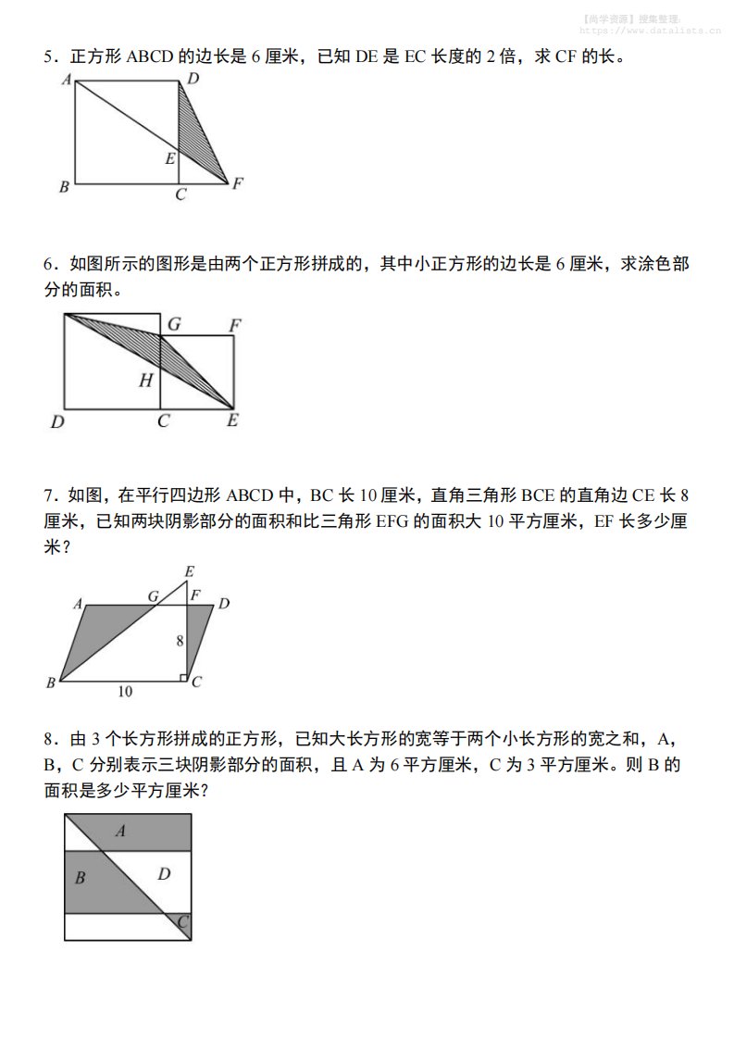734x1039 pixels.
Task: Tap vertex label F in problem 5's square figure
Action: click(238, 183)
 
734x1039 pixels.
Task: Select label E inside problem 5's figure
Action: click(169, 158)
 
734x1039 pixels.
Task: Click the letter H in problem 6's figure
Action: click(145, 380)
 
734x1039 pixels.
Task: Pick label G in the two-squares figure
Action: click(173, 324)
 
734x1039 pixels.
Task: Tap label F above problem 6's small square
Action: click(235, 325)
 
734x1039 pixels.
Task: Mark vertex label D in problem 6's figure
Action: click(57, 422)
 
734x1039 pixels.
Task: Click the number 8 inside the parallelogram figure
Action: click(179, 641)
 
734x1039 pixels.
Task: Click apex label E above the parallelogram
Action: click(189, 572)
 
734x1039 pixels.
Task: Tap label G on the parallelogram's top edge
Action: click(154, 596)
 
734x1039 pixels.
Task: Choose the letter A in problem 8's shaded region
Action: click(120, 832)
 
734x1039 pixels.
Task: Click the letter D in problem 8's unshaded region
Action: click(164, 873)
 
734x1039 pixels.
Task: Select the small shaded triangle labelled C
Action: click(182, 923)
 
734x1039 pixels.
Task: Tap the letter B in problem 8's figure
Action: click(80, 878)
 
